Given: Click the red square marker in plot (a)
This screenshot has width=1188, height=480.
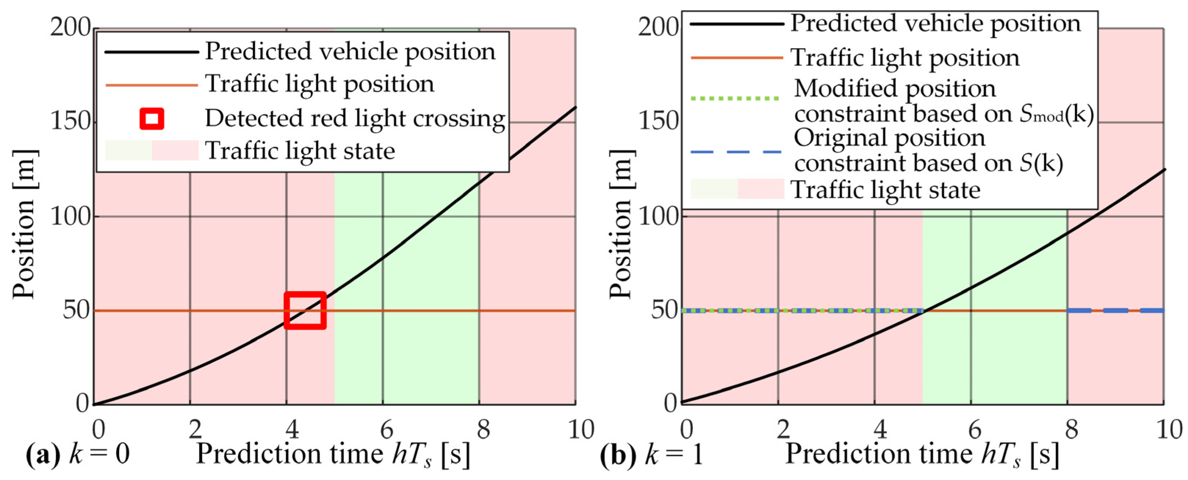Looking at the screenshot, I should (x=305, y=310).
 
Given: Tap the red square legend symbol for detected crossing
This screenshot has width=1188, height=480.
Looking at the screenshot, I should (x=152, y=118).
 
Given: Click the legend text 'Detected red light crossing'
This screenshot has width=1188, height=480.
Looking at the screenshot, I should (x=355, y=118).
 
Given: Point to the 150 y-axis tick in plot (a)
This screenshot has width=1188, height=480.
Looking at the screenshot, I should (x=70, y=122).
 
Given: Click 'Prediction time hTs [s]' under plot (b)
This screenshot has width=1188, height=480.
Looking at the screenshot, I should (x=922, y=455).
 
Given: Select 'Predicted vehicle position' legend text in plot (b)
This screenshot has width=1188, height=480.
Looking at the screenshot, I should (x=936, y=23).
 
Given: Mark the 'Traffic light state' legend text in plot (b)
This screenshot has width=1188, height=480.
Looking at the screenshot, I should (x=886, y=190).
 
